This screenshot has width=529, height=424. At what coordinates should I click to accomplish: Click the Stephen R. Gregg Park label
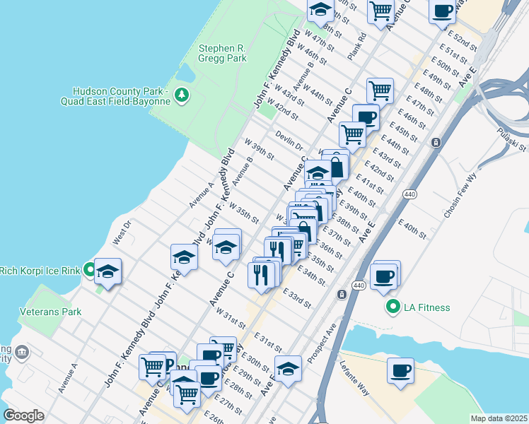click(x=222, y=53)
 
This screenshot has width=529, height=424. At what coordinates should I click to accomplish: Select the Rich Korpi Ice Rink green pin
click(x=89, y=269)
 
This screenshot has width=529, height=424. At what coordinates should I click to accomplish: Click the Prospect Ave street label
click(x=320, y=340)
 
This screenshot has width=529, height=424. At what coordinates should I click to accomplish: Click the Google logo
click(x=24, y=416)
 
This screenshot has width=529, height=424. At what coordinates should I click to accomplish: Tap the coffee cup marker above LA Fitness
click(x=384, y=276)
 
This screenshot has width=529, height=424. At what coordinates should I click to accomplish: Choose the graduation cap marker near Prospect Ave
click(x=288, y=368)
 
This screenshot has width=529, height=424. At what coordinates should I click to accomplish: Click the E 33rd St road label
click(x=297, y=298)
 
